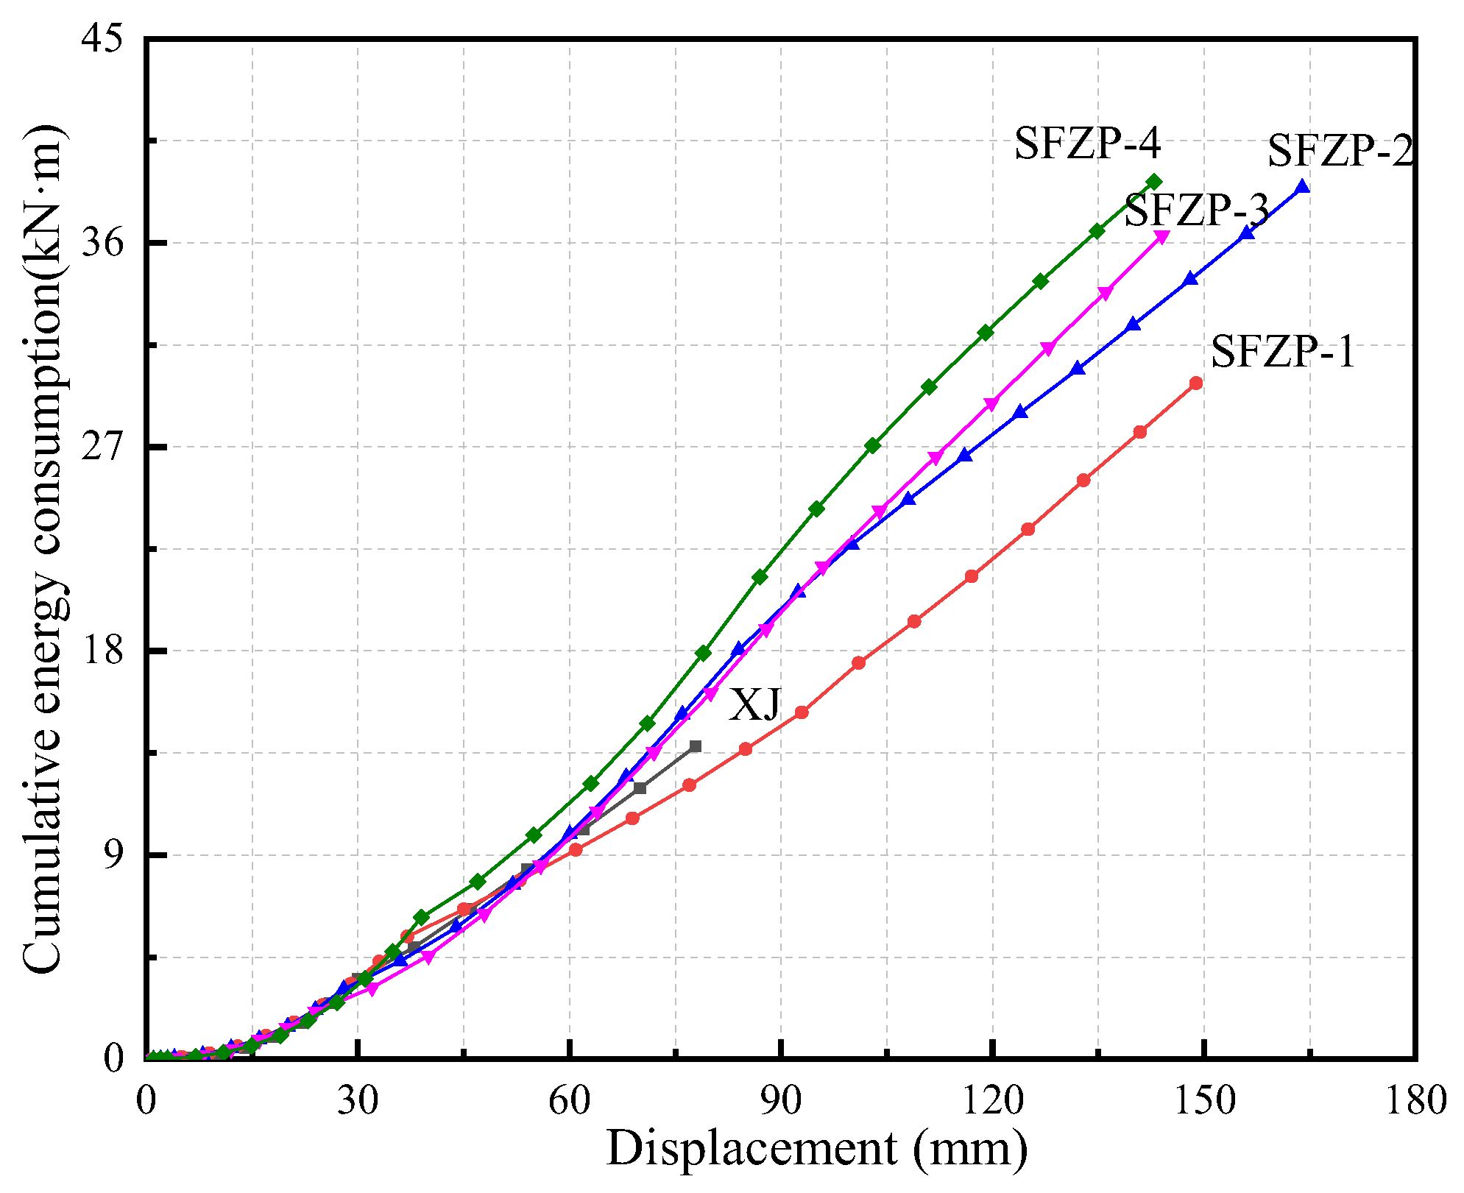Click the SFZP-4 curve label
click(1087, 144)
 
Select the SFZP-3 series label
click(1197, 210)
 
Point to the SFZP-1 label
click(1283, 351)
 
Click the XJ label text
click(754, 705)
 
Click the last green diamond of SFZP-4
click(1154, 182)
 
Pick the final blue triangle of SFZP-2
click(1302, 187)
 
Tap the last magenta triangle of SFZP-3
click(1162, 237)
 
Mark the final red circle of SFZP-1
click(1196, 383)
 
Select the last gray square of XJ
click(696, 746)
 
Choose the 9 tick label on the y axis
click(113, 854)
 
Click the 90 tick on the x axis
click(782, 1101)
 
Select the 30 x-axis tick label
click(358, 1101)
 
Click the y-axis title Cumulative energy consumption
click(44, 548)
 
